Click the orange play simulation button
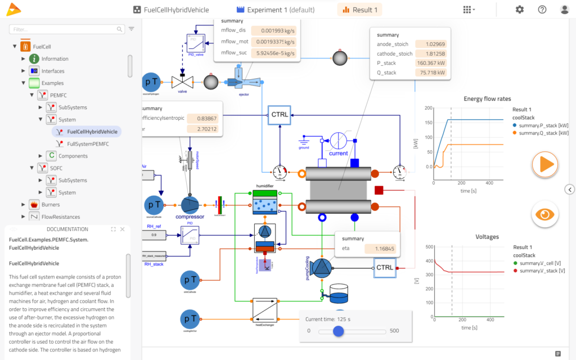(x=545, y=164)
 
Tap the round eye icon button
(x=545, y=214)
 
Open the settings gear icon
(x=519, y=10)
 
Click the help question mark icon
(x=542, y=10)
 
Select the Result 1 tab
(x=359, y=10)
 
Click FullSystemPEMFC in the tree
(x=88, y=143)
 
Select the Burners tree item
(x=51, y=205)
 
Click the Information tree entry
(x=55, y=58)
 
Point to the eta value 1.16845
(x=380, y=248)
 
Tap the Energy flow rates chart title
(x=487, y=99)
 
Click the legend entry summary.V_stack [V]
(x=543, y=271)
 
